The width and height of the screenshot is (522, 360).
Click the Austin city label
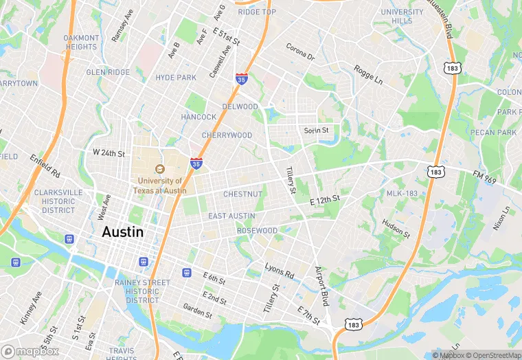pyautogui.click(x=123, y=232)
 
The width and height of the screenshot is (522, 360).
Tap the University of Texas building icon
pyautogui.click(x=159, y=169)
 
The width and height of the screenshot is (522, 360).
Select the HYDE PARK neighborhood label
pyautogui.click(x=176, y=78)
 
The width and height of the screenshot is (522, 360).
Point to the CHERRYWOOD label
pyautogui.click(x=227, y=135)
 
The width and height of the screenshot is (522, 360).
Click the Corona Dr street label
pyautogui.click(x=300, y=54)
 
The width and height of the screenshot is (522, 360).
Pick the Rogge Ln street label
pyautogui.click(x=368, y=74)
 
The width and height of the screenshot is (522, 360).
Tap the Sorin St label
pyautogui.click(x=317, y=130)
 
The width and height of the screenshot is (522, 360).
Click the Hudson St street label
pyautogui.click(x=396, y=229)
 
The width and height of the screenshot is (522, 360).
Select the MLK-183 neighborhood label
pyautogui.click(x=402, y=194)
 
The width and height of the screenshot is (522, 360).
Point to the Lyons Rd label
pyautogui.click(x=280, y=270)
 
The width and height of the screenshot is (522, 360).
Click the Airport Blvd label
pyautogui.click(x=323, y=286)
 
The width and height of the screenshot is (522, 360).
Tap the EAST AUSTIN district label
pyautogui.click(x=231, y=216)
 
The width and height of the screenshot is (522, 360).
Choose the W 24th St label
pyautogui.click(x=109, y=153)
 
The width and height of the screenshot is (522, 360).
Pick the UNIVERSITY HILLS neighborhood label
pyautogui.click(x=402, y=16)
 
